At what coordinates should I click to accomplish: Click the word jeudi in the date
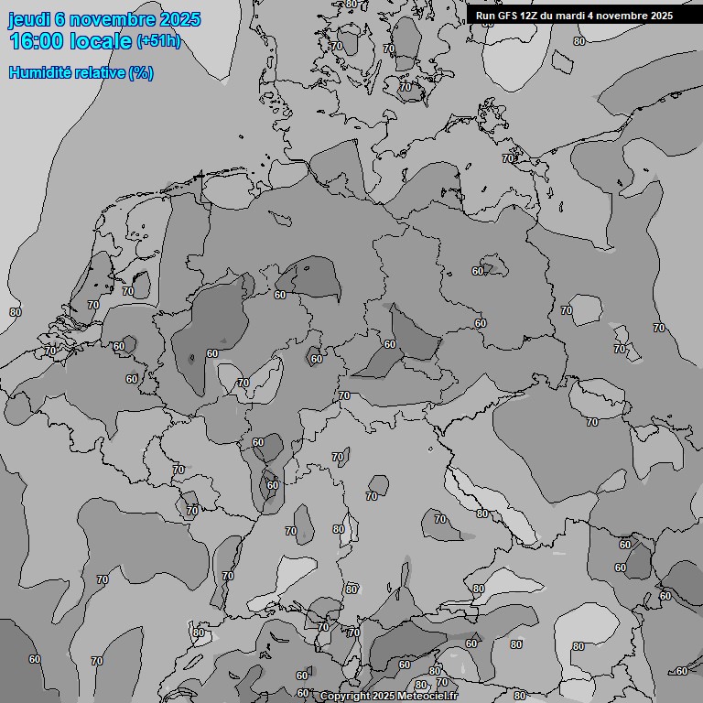(28, 20)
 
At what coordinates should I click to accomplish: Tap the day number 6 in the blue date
(60, 20)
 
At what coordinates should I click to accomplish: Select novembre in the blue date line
(113, 20)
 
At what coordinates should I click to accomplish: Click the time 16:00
(37, 41)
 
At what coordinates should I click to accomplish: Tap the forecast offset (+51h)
(158, 42)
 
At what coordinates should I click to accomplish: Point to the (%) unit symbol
(141, 72)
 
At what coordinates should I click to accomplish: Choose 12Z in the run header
(531, 16)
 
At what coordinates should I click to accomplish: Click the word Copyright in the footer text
(345, 697)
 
